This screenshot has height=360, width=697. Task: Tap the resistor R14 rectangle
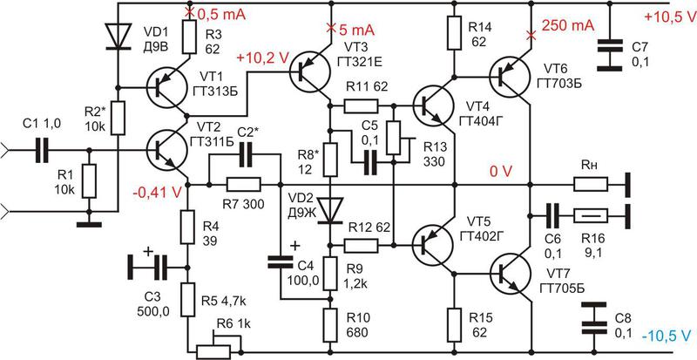(453, 33)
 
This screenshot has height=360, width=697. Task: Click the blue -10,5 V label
(667, 337)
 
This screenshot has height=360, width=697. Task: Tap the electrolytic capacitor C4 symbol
(280, 261)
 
